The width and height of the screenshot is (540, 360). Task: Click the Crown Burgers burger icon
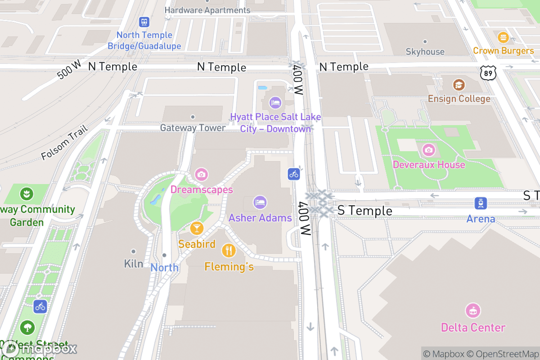tap(503, 37)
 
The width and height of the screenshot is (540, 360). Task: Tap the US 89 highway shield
tap(488, 73)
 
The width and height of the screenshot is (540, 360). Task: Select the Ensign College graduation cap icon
tap(459, 85)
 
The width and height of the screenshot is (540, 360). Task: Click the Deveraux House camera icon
tap(428, 149)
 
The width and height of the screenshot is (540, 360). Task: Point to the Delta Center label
tap(473, 327)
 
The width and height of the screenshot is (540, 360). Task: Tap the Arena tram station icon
tap(481, 203)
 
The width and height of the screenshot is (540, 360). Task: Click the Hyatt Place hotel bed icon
tap(275, 103)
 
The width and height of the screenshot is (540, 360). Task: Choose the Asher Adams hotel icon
tap(260, 202)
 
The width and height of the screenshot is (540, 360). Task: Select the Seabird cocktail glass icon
tap(197, 228)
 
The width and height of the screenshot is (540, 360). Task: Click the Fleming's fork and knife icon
tap(229, 250)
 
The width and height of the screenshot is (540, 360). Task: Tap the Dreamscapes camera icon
tap(201, 174)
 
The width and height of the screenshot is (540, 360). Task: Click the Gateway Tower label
tap(193, 128)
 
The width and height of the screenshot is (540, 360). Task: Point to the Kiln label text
tap(134, 264)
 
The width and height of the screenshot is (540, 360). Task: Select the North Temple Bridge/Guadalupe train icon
tap(144, 22)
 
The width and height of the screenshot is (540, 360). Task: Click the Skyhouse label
tap(425, 51)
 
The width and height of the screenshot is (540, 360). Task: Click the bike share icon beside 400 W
tap(294, 174)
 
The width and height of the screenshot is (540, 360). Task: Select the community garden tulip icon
tap(27, 194)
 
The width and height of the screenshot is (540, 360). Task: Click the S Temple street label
tap(364, 211)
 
